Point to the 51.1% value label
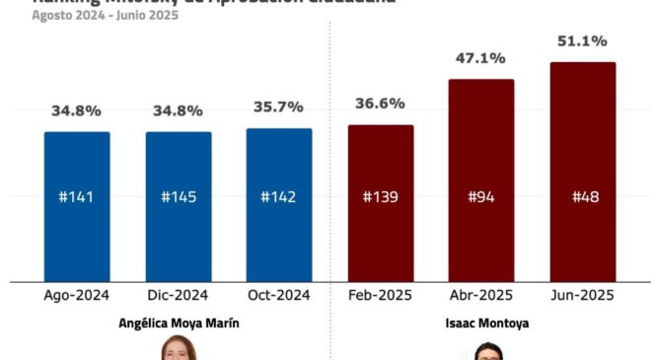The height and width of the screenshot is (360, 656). pos(582,41)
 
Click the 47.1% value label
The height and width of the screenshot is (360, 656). pos(481,58)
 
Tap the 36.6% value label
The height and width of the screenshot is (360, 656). pos(381,104)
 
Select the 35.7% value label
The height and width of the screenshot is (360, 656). pos(279,108)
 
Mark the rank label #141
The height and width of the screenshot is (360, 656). pos(77,196)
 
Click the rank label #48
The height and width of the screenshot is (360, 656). pos(582,196)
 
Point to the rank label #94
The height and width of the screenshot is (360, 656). pos(481,196)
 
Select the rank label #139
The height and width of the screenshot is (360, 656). pos(381,196)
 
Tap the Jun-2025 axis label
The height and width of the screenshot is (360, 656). pos(582,295)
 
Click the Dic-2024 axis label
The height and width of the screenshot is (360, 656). pos(179,295)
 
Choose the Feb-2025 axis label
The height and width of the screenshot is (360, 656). pos(381,295)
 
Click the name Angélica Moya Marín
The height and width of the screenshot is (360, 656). pos(179,322)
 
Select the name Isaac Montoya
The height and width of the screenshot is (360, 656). pos(481,322)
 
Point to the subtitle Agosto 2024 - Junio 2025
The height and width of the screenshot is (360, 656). pos(91,16)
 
